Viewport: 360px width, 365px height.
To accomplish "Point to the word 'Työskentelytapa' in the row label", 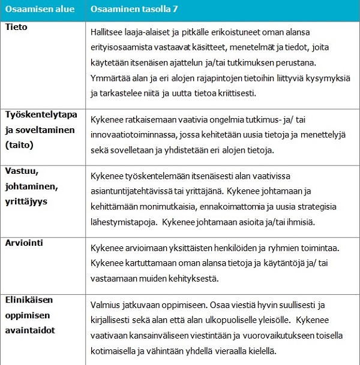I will tap(39, 114).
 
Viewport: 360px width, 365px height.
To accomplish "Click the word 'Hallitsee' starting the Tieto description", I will tap(107, 32).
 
